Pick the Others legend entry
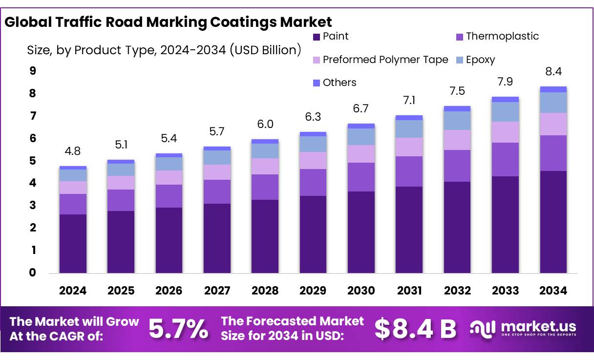pos(335,83)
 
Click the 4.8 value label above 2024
pos(73,151)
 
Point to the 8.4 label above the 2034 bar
pos(553,72)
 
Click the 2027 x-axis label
pos(217,291)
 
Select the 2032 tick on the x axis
pos(457,291)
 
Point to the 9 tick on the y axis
pos(33,71)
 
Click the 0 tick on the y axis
pos(33,273)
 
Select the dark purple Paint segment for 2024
pos(73,243)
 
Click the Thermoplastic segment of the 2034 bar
pos(553,153)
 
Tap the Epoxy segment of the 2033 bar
pos(505,112)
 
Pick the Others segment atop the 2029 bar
pos(313,134)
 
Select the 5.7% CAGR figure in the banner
pos(178,328)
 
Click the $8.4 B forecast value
pos(415,328)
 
